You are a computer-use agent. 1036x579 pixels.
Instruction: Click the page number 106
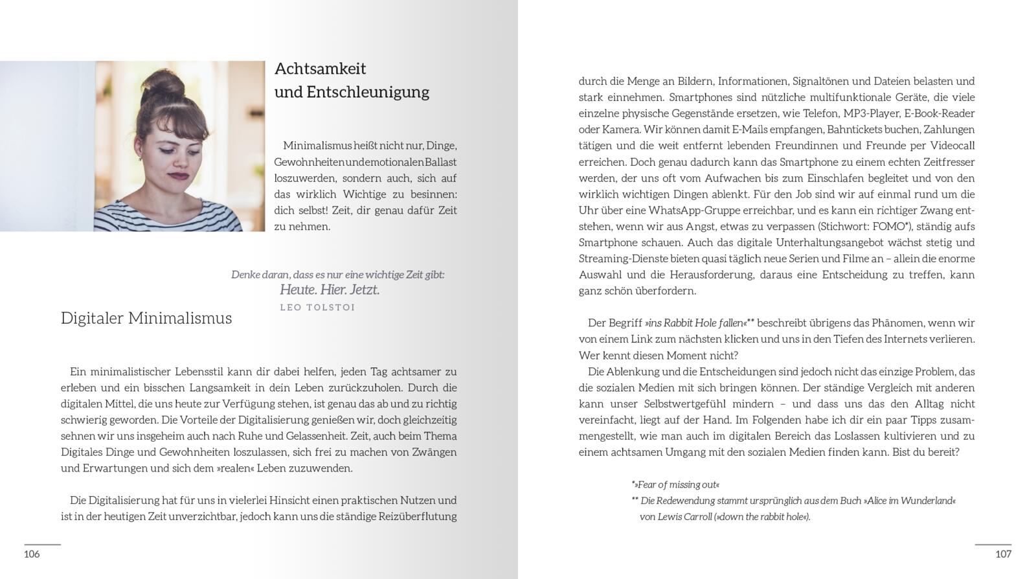(x=32, y=554)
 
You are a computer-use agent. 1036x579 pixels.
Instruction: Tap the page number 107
(x=1003, y=554)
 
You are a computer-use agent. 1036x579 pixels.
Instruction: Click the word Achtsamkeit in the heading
(x=321, y=69)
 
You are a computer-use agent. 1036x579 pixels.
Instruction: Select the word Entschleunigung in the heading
(x=368, y=92)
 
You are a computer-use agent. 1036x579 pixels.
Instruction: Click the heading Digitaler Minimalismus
(x=146, y=318)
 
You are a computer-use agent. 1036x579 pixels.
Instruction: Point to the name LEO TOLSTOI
(x=317, y=307)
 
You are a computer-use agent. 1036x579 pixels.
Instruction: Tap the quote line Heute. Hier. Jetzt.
(x=330, y=289)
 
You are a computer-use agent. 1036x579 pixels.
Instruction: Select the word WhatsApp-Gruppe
(x=690, y=210)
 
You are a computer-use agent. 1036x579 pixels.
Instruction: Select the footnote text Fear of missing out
(x=678, y=484)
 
